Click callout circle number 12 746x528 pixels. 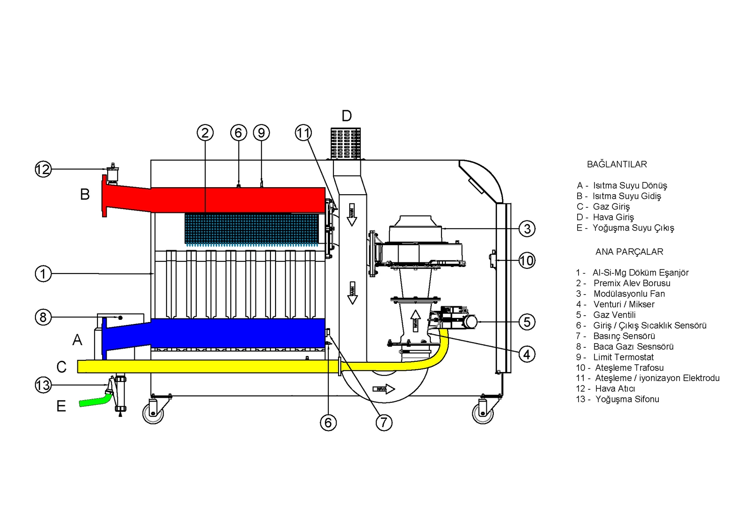43,169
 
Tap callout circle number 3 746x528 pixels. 527,229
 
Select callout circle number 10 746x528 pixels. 527,260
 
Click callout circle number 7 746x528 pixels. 384,422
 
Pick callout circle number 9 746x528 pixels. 261,133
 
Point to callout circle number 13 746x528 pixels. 43,385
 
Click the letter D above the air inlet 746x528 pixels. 346,116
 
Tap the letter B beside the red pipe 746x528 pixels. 85,194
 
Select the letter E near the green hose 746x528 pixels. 61,406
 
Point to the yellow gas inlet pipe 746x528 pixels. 210,366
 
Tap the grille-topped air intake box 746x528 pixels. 345,143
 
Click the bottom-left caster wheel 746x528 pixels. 153,413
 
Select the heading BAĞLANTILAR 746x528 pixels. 617,164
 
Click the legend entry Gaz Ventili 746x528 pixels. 614,315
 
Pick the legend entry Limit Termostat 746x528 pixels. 623,357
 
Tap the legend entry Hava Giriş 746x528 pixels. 613,217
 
